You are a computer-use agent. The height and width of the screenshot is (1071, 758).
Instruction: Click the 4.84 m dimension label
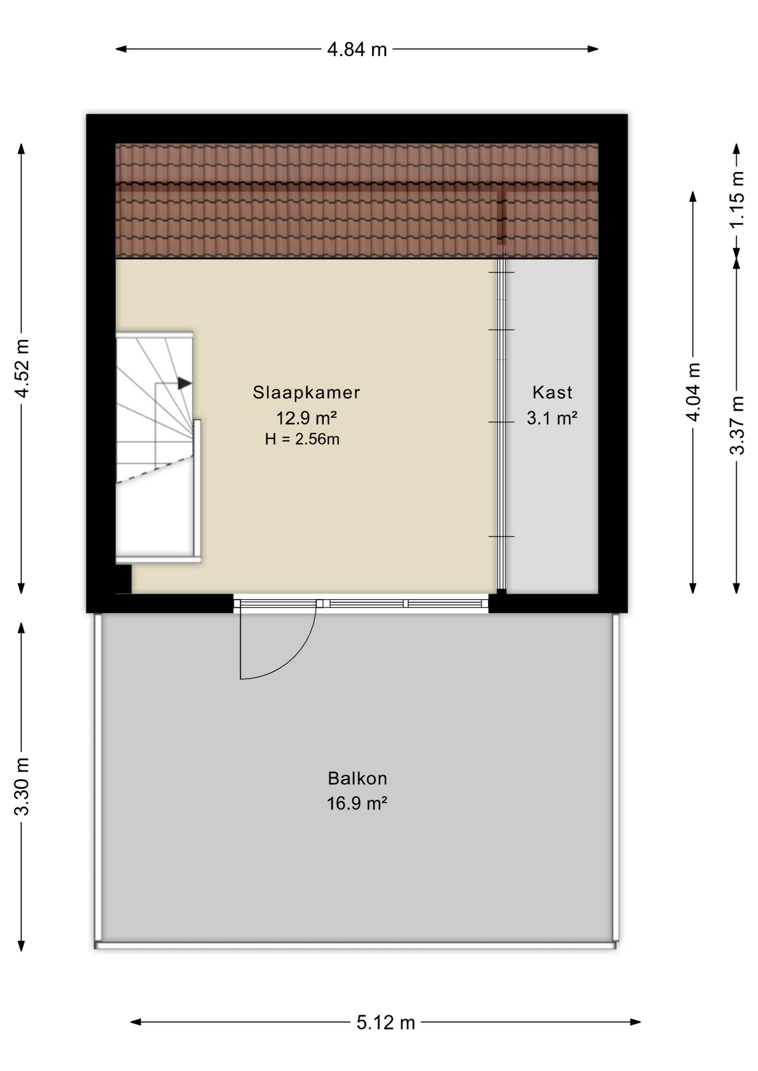pyautogui.click(x=357, y=50)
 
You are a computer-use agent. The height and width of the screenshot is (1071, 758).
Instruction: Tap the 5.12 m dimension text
pyautogui.click(x=386, y=1022)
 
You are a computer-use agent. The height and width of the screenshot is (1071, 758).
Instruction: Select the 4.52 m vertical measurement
pyautogui.click(x=22, y=368)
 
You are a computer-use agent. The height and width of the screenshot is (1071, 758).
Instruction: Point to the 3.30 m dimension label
pyautogui.click(x=22, y=786)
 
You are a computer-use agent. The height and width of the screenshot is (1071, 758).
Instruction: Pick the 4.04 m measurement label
pyautogui.click(x=693, y=392)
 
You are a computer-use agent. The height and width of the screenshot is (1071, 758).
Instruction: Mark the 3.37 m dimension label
pyautogui.click(x=737, y=425)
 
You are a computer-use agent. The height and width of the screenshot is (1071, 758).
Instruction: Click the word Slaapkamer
pyautogui.click(x=306, y=392)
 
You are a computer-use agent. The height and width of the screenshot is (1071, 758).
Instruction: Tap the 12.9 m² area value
pyautogui.click(x=306, y=417)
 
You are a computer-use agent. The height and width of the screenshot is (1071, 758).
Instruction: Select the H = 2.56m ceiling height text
pyautogui.click(x=302, y=439)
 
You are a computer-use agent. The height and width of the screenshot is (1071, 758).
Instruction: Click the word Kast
pyautogui.click(x=552, y=392)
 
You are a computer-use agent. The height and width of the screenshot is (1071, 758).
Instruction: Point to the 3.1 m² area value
pyautogui.click(x=552, y=417)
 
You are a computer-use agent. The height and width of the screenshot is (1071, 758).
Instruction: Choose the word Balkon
pyautogui.click(x=357, y=778)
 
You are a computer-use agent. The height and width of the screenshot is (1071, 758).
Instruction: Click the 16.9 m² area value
pyautogui.click(x=357, y=803)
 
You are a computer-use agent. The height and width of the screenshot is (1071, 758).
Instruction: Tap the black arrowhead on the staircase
pyautogui.click(x=185, y=383)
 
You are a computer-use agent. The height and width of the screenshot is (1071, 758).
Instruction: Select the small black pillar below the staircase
pyautogui.click(x=123, y=579)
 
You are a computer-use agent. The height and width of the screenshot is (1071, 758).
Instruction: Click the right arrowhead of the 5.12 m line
pyautogui.click(x=635, y=1022)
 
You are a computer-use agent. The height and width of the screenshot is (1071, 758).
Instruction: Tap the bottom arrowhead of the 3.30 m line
pyautogui.click(x=21, y=946)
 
